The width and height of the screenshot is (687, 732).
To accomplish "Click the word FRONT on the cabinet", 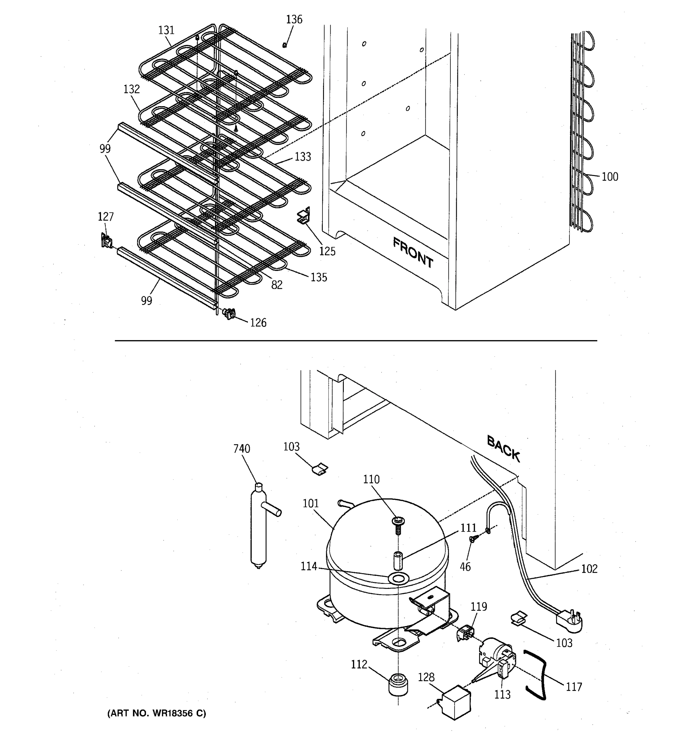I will pos(413,253).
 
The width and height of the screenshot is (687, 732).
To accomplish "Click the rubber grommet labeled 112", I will pos(398,684).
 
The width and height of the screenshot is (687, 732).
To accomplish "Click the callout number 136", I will pos(294,20).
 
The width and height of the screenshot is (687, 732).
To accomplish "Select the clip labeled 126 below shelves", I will pos(229,314).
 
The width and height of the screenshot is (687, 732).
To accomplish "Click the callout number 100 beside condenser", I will pos(610,177).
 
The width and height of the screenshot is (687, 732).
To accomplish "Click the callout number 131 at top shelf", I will pos(166,30).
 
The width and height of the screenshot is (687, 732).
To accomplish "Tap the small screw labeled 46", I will pos(472,540).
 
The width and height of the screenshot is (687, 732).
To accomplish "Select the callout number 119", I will pos(479,606).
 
